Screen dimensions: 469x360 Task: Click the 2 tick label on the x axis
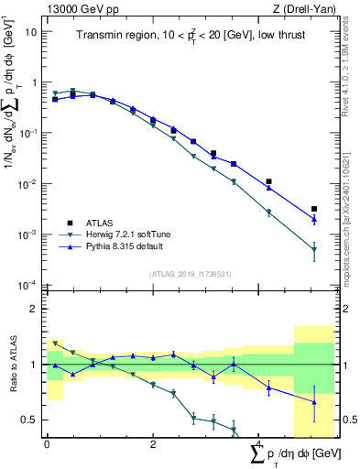152,444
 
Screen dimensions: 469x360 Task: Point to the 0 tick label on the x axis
47,444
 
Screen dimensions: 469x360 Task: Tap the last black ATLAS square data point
314,210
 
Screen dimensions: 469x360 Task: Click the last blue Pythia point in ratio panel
314,402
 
